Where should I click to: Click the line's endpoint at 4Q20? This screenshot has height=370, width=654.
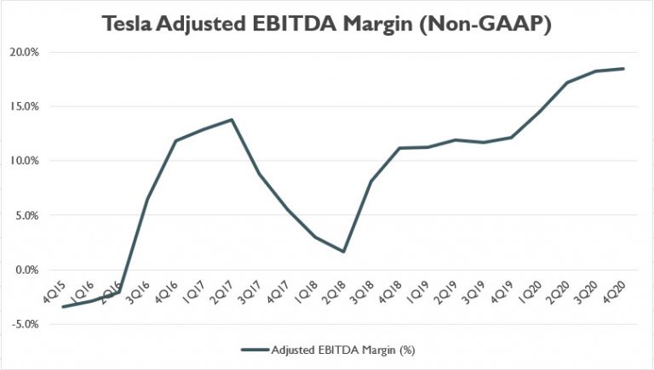(x=624, y=69)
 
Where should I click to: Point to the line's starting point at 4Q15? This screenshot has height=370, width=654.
(x=64, y=306)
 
